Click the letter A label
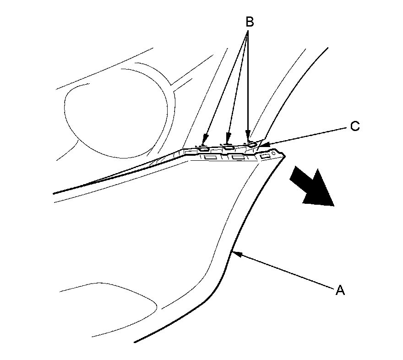tap(339, 290)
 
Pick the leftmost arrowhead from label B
tap(205, 139)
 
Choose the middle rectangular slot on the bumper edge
tap(237, 158)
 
